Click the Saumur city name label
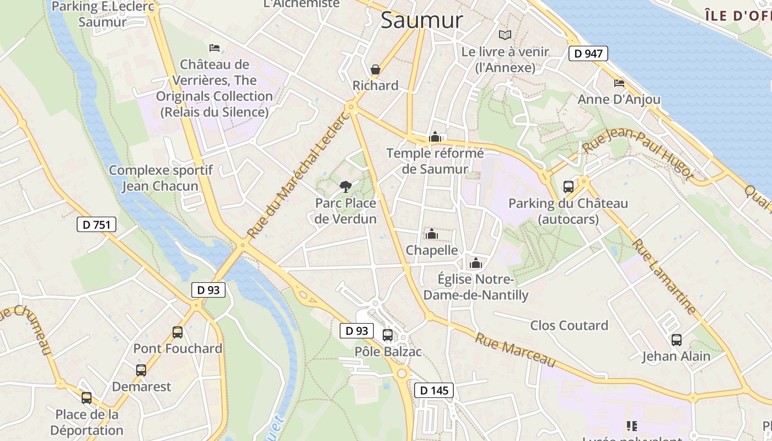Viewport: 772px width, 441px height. pos(422,20)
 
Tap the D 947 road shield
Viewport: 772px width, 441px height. pos(588,53)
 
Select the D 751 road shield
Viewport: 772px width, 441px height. pos(96,224)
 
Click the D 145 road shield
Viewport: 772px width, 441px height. pos(434,390)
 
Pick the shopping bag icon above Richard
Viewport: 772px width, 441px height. pos(376,69)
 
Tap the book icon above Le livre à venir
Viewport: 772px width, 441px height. pos(505,35)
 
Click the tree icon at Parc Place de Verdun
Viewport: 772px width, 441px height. pos(346,186)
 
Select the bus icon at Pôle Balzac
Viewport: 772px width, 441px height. pos(388,335)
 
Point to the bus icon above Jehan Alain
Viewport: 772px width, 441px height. pos(677,340)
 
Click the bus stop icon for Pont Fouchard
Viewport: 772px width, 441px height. pos(178,332)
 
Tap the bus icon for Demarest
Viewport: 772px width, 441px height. pos(141,370)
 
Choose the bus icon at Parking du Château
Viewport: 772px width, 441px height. pos(569,187)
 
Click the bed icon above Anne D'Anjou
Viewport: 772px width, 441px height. pos(619,83)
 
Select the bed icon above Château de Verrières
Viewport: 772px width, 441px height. pos(215,48)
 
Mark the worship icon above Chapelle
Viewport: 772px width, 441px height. pos(432,234)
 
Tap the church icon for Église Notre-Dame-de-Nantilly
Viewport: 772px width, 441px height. pos(476,263)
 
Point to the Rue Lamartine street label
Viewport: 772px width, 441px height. pos(664,276)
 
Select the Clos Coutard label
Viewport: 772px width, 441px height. pos(569,325)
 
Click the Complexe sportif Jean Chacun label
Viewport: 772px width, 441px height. pos(160,178)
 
